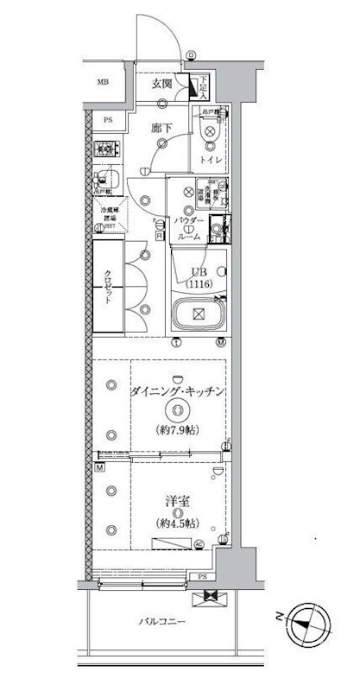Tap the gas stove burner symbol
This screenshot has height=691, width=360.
tap(106, 149)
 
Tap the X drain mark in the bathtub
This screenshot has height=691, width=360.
tap(197, 314)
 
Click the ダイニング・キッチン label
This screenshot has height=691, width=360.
tap(180, 390)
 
